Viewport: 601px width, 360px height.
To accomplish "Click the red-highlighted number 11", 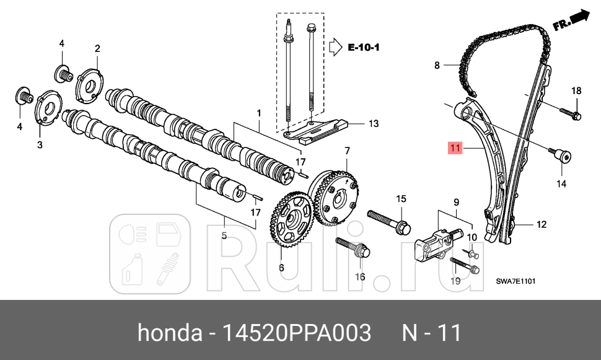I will point(455,147).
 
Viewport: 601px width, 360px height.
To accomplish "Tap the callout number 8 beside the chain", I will point(436,64).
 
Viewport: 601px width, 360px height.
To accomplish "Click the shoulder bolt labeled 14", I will point(562,156).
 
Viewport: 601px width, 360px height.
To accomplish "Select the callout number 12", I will point(542,224).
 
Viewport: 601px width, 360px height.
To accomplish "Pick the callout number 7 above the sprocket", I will point(347,151).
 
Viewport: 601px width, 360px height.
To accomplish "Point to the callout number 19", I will point(455,281).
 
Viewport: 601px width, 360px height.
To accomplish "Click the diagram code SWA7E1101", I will point(515,281).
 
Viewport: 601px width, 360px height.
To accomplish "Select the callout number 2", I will point(97,48).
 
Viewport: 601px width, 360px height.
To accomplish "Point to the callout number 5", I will point(224,235).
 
